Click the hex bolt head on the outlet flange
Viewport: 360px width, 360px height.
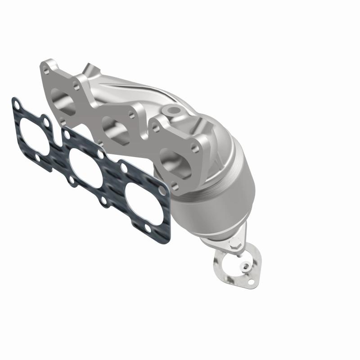[234, 247]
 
